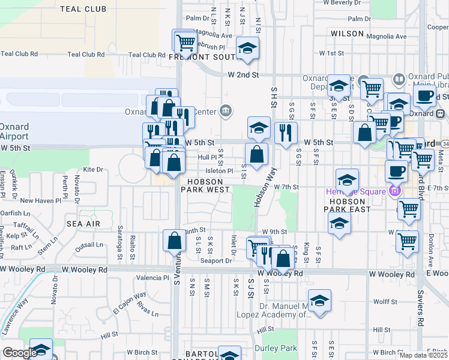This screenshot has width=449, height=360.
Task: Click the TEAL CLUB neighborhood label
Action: (x=83, y=9)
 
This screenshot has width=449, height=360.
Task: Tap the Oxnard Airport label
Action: (x=14, y=131)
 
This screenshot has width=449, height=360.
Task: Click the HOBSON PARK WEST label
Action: (x=208, y=185)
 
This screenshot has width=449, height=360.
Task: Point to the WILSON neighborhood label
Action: (x=347, y=34)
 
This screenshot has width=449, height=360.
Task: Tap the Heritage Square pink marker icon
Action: (x=394, y=191)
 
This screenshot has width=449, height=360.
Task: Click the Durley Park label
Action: (x=276, y=348)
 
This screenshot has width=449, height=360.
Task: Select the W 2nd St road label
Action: (x=243, y=75)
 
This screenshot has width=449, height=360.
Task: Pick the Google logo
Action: (x=19, y=353)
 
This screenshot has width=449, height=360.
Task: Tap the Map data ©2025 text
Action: (x=423, y=355)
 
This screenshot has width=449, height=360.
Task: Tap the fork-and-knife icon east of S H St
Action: (x=286, y=133)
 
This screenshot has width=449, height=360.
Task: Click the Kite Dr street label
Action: (x=93, y=170)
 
